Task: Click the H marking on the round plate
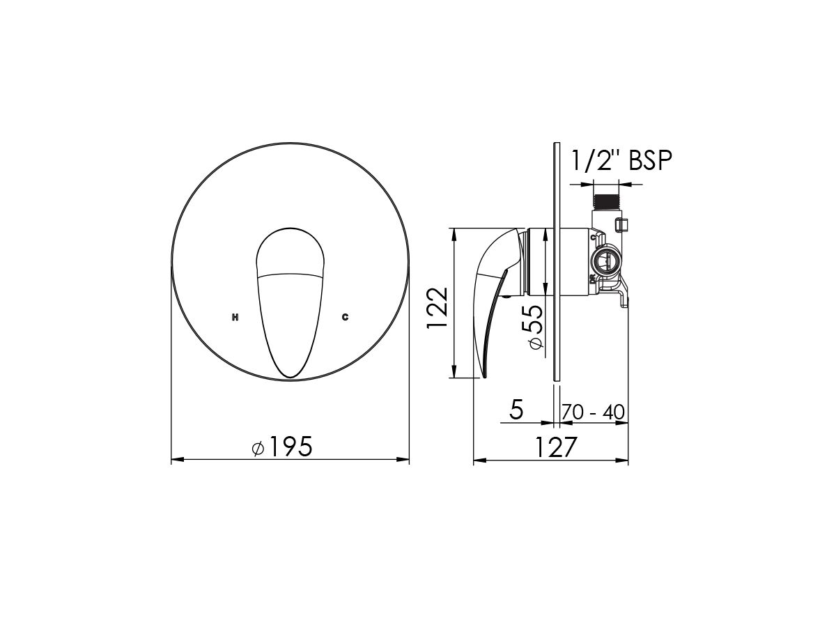pos(235,317)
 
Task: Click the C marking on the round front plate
pos(345,317)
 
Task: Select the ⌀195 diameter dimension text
pos(282,447)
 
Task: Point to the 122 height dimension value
pos(437,309)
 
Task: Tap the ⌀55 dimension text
pos(532,327)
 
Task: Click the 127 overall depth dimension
pos(557,447)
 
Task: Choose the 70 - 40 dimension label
pos(593,412)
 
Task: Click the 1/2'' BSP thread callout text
pos(621,160)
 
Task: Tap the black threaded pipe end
pos(606,201)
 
